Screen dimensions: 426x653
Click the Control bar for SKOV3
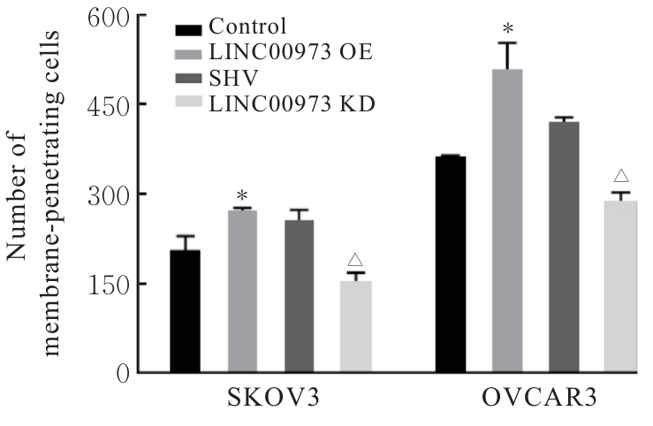tap(185, 311)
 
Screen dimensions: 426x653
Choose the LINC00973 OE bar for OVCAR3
tap(507, 220)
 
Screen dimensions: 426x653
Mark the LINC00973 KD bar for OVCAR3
tap(619, 286)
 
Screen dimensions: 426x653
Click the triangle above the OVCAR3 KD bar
tap(619, 177)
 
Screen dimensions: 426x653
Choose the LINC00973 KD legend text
tap(291, 105)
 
